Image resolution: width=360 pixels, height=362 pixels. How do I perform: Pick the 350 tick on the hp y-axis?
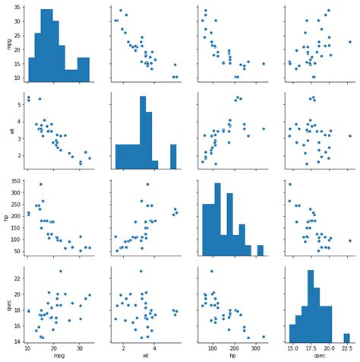point(15,180)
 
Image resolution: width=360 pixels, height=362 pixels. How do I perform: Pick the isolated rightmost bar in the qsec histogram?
point(347,337)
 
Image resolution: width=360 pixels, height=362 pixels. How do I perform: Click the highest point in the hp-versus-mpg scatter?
point(40,184)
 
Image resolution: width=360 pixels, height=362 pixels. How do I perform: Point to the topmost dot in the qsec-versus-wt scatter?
point(141,271)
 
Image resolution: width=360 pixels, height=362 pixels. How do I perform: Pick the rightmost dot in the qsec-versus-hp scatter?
point(264,337)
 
